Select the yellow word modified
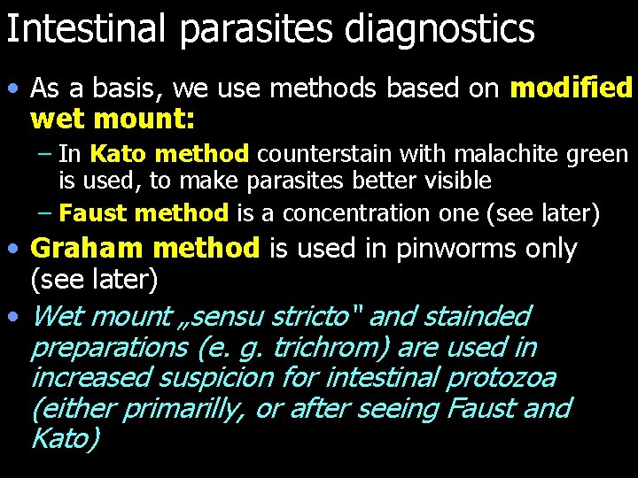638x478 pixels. pyautogui.click(x=572, y=88)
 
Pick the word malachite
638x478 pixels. pyautogui.click(x=505, y=155)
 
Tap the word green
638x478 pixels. pyautogui.click(x=599, y=155)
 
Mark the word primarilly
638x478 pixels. pyautogui.click(x=182, y=409)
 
